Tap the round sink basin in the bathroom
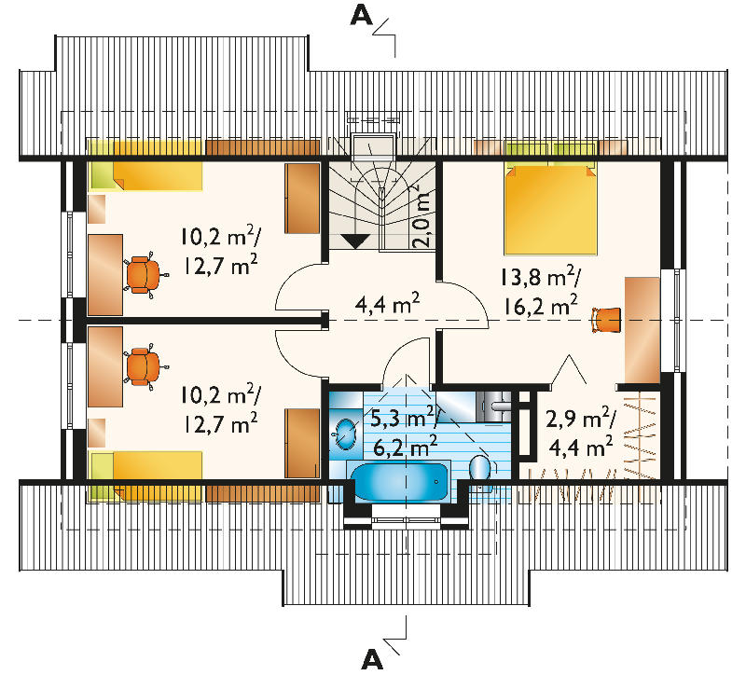point(346,433)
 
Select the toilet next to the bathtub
point(479,470)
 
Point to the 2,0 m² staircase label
point(421,215)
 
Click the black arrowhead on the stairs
point(356,241)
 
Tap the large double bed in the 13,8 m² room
point(550,208)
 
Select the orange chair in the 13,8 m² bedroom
point(606,320)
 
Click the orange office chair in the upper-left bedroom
point(144,274)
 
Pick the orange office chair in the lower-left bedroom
point(144,366)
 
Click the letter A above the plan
point(361,16)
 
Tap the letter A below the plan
point(372,659)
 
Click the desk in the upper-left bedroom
point(105,274)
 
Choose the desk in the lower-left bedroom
point(105,366)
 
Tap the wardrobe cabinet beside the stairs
point(302,199)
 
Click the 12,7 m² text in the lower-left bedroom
point(220,423)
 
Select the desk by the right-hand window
point(642,330)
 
